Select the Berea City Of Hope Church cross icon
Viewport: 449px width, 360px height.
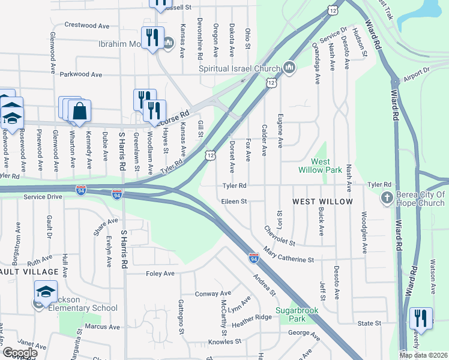pyautogui.click(x=387, y=197)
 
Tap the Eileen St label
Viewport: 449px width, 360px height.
pyautogui.click(x=234, y=202)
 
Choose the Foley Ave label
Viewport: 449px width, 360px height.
pyautogui.click(x=160, y=274)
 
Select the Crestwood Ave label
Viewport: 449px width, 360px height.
pyautogui.click(x=87, y=26)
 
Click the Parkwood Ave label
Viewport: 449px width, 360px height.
pyautogui.click(x=82, y=74)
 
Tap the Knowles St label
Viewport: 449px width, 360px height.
pyautogui.click(x=224, y=342)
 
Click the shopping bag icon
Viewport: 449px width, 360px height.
pyautogui.click(x=79, y=110)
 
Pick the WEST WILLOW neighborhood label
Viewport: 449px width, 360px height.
pyautogui.click(x=322, y=202)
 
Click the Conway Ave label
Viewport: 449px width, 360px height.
pyautogui.click(x=209, y=294)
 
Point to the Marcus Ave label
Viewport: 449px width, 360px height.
pyautogui.click(x=101, y=327)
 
